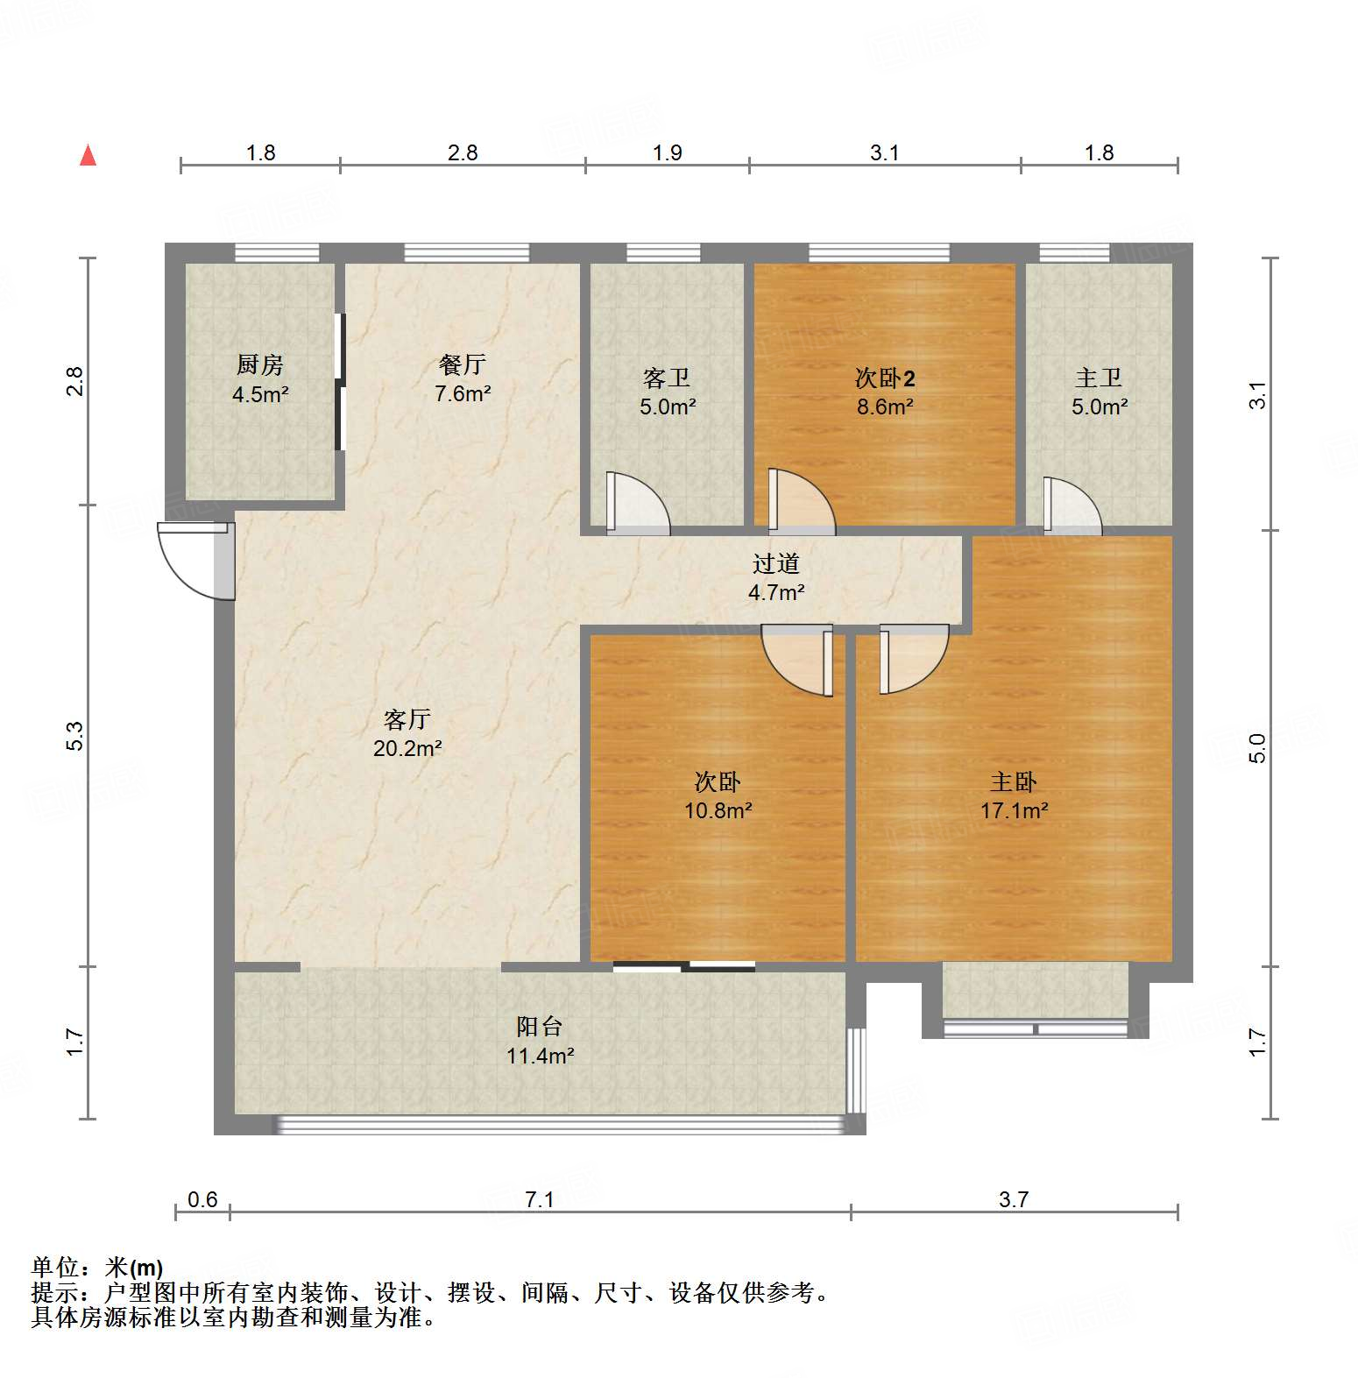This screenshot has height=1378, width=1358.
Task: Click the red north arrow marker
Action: point(88,155)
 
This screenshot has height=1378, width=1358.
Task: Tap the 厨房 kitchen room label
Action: point(260,364)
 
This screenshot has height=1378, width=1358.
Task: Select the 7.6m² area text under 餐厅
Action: point(463,394)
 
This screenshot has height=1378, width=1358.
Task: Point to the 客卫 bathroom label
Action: point(667,378)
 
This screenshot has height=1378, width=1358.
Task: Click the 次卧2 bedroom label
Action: point(885,378)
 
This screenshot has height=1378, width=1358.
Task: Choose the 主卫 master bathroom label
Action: point(1099,378)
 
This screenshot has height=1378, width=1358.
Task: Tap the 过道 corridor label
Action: point(776,564)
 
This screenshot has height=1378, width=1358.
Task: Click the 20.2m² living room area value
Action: point(407,749)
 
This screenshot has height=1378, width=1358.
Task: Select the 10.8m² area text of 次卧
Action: point(718,811)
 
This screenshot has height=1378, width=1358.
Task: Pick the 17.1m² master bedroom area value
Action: point(1014,811)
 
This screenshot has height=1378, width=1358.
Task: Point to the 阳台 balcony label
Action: point(540,1027)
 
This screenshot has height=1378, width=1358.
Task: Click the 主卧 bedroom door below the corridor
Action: point(913,657)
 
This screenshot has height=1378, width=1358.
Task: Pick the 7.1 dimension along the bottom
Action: point(540,1199)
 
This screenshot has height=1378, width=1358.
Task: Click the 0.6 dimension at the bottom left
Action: point(202,1199)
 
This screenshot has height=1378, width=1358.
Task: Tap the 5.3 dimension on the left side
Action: point(75,736)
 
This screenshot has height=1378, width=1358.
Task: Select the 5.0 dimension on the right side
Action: point(1257,748)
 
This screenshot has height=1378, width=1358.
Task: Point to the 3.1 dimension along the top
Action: point(885,153)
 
